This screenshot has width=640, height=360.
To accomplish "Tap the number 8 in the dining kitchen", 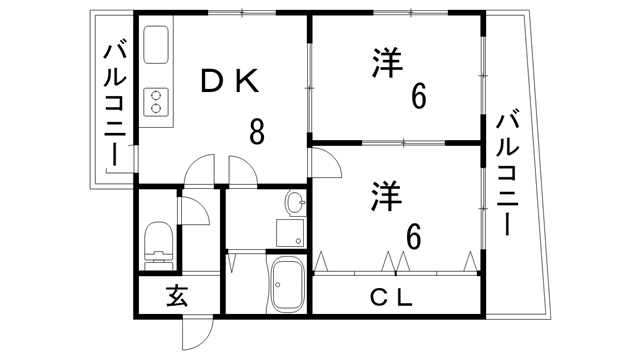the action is (x=257, y=132).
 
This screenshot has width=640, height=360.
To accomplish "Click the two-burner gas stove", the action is (x=157, y=100).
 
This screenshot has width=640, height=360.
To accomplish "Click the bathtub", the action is (x=289, y=286).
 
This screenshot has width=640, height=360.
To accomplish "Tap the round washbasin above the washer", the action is (x=296, y=203).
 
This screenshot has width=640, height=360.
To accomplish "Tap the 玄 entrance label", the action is (x=177, y=296).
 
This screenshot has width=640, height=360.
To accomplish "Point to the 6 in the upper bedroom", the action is (x=418, y=98).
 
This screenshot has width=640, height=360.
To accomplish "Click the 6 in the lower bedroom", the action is (x=413, y=237).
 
